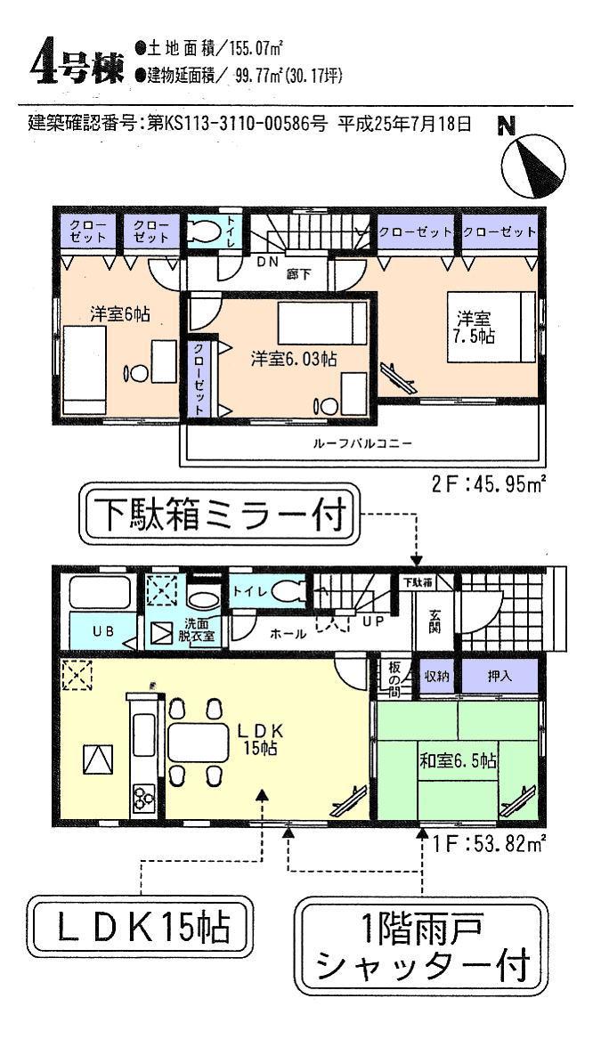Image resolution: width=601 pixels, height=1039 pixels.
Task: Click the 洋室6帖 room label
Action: tap(119, 314)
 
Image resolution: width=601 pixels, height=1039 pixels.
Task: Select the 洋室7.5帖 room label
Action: tap(475, 328)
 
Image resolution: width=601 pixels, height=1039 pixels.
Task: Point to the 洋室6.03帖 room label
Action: tap(293, 359)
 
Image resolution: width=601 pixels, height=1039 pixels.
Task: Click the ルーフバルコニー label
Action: tap(361, 442)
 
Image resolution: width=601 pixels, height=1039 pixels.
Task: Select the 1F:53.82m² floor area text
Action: tap(489, 840)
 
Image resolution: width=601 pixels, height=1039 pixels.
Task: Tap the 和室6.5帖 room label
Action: tap(458, 761)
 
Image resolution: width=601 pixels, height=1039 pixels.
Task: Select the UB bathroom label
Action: tap(104, 631)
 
